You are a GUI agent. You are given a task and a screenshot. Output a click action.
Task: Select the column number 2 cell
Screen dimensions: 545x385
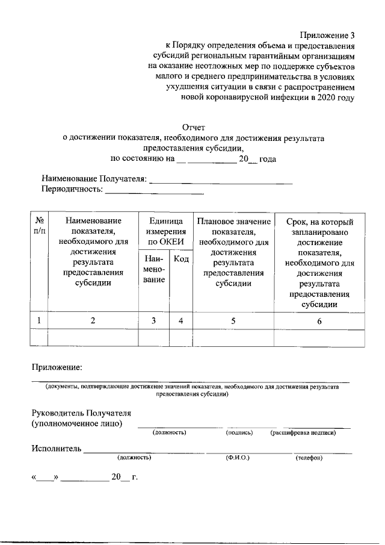(x=93, y=321)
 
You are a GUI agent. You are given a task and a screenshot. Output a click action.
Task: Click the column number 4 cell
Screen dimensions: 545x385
(x=180, y=321)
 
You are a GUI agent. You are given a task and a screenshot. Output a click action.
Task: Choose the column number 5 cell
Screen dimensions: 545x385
(x=233, y=321)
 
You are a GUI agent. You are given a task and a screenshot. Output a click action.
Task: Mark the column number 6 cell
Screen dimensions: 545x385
(x=319, y=321)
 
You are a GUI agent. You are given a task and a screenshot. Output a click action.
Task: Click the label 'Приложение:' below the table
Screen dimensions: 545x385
(x=57, y=367)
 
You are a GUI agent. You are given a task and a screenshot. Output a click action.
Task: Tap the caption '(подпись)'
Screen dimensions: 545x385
(x=239, y=432)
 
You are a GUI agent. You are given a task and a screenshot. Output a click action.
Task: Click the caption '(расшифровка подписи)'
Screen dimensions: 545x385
(x=303, y=432)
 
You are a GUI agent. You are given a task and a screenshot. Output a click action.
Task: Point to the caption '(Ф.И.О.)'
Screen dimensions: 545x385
(x=238, y=458)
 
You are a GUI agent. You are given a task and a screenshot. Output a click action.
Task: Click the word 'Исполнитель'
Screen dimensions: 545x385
(x=56, y=449)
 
